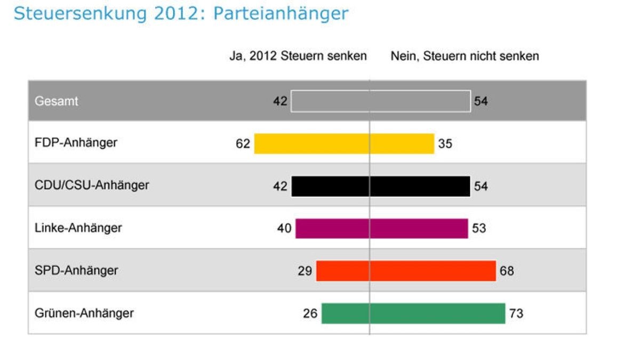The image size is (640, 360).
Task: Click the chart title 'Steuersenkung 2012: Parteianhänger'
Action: (181, 13)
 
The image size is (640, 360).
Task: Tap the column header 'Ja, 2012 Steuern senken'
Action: (298, 56)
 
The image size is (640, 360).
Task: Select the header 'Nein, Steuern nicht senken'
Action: (465, 56)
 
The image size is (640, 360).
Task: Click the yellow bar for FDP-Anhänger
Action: (344, 144)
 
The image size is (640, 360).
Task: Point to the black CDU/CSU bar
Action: (381, 187)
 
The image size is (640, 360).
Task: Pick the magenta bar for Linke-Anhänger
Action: (381, 229)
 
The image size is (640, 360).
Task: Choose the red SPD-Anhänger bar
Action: (406, 271)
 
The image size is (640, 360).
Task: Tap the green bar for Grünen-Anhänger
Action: (413, 314)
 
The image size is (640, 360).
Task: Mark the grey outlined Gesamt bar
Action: (381, 101)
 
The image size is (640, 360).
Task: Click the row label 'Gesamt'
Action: (56, 101)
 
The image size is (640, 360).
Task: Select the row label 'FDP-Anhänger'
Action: (75, 143)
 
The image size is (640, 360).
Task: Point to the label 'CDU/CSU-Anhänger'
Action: (91, 186)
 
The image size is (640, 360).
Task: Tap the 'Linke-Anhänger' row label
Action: (78, 228)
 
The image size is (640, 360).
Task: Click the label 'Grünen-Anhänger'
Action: (84, 313)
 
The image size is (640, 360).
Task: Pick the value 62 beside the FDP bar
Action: (243, 144)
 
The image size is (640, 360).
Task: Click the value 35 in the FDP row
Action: (445, 144)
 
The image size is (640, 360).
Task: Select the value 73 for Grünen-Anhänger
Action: (516, 314)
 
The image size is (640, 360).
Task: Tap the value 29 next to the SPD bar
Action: (305, 271)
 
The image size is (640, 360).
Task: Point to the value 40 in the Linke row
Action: (284, 229)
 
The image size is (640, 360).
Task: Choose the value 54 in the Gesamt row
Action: (481, 101)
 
